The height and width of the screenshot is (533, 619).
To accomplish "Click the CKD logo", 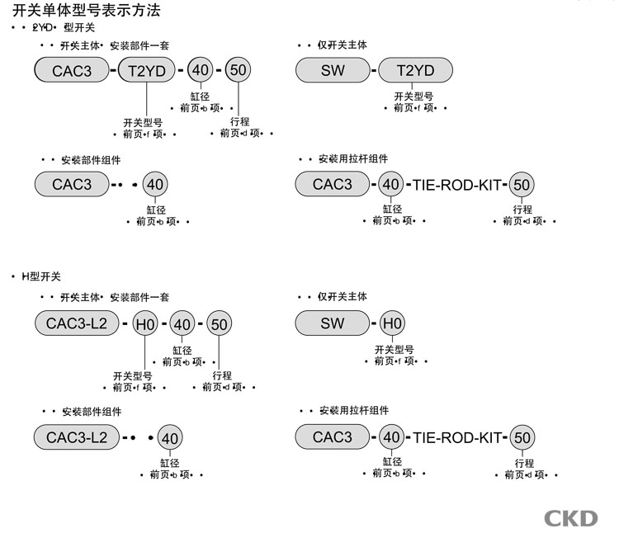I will point(570,517).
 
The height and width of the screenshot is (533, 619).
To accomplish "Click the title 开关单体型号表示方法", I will point(87,11).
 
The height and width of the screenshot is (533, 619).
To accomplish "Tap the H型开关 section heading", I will point(41,276).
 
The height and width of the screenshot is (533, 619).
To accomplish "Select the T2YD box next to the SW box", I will point(415,71).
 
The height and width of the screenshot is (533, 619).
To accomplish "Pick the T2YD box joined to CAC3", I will point(147,71).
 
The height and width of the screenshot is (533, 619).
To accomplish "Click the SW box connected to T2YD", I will point(333,71).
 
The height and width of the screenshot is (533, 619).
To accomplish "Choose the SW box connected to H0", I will point(333,324).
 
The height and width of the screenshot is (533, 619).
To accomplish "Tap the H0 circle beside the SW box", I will point(393,324).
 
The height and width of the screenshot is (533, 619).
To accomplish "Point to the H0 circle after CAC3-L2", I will point(145,325).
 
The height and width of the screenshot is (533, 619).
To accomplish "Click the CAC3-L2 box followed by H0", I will point(77,325).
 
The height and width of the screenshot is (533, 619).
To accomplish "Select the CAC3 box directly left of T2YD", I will point(72,71).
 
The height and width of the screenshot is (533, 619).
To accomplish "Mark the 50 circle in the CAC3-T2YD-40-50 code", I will point(238,71).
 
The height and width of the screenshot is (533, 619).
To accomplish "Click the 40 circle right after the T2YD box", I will point(200,71).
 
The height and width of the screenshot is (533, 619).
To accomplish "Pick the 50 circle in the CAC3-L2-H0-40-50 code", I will point(219,325).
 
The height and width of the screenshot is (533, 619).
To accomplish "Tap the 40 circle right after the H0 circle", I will point(182,325).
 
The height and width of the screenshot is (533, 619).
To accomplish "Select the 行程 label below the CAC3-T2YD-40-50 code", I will point(240,121).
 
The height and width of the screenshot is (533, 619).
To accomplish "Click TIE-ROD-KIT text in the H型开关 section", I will point(456,437).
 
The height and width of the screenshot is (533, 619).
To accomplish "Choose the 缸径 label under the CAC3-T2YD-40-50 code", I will point(200,97).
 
